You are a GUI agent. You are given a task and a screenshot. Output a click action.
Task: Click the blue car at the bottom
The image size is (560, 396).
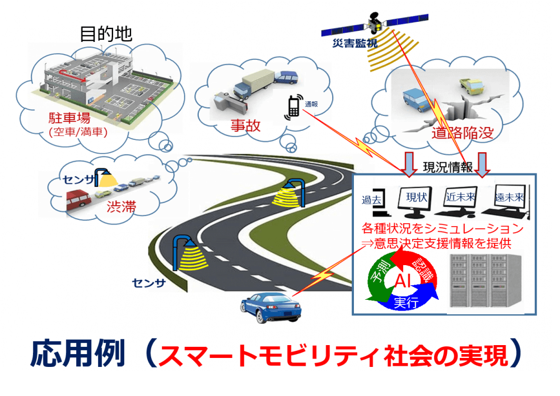coord(270,307)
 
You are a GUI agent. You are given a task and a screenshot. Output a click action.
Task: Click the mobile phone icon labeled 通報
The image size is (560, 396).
coord(293,107)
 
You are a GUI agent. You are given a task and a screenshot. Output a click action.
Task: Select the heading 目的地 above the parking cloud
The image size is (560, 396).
coord(106,34)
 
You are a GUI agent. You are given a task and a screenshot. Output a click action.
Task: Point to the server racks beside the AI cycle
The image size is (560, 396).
coord(482,280)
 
